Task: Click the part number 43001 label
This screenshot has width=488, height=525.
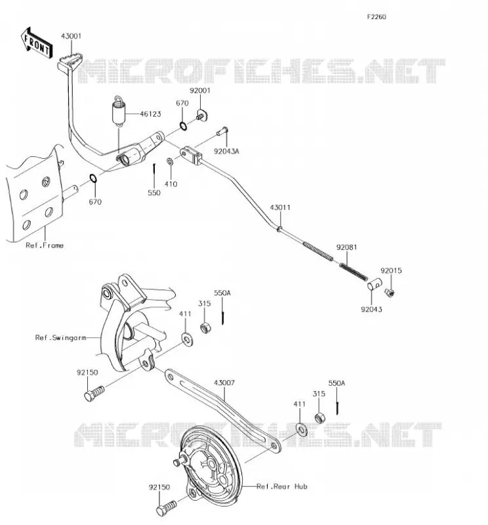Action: click(71, 36)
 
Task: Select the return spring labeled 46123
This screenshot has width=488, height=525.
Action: click(118, 112)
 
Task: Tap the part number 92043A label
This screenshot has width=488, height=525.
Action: click(226, 152)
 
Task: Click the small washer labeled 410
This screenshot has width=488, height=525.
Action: click(171, 161)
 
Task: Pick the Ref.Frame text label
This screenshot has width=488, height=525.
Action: click(45, 245)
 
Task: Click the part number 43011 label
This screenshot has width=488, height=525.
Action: click(280, 207)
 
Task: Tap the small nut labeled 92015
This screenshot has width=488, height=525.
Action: click(390, 292)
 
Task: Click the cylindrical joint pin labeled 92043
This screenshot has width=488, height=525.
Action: click(375, 284)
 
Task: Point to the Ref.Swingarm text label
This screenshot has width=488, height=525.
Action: click(60, 337)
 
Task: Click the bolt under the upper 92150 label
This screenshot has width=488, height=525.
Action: click(94, 393)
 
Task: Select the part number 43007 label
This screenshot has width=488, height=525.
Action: click(224, 383)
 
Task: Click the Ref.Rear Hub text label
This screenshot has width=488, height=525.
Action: click(282, 486)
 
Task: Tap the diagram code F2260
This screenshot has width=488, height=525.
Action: click(376, 17)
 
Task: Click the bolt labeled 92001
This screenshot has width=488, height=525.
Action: click(202, 115)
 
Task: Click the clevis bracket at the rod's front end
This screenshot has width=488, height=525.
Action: click(191, 156)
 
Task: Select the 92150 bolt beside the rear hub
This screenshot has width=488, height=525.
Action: click(166, 508)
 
